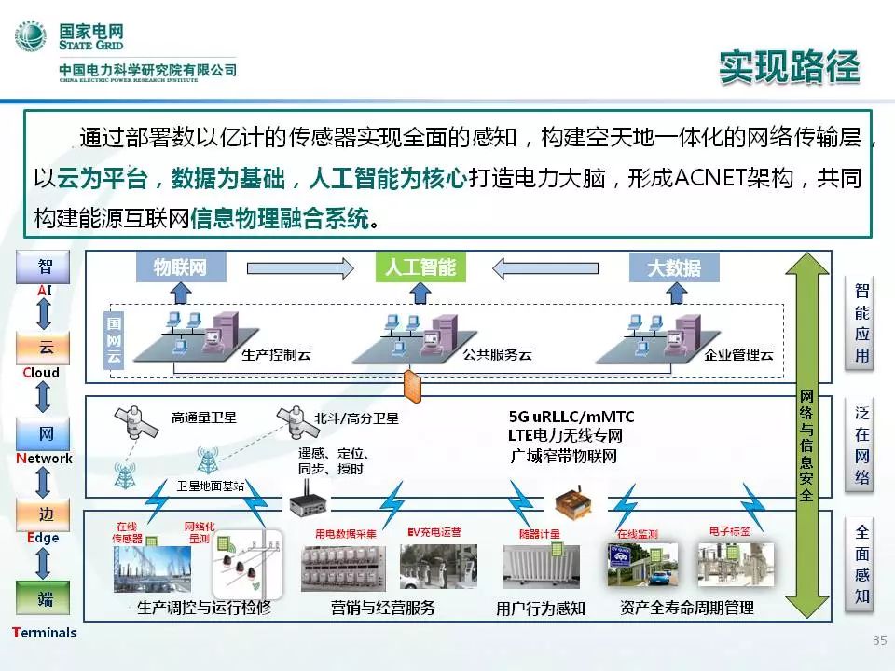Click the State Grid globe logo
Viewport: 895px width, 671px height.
tap(30, 38)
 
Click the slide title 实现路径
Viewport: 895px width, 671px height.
tap(789, 66)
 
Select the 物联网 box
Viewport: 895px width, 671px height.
tap(180, 268)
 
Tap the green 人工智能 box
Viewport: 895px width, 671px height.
tap(420, 267)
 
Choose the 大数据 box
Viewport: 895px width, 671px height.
tap(674, 268)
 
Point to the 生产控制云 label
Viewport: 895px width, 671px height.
tap(275, 355)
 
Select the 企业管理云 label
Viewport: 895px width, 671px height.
tap(739, 355)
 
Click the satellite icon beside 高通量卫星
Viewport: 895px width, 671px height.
tap(138, 423)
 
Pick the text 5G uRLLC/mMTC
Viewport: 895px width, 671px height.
tap(571, 417)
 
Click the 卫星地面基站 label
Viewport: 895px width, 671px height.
tap(210, 486)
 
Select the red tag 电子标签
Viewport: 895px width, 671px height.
tap(728, 531)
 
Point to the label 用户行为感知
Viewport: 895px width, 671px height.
tap(541, 609)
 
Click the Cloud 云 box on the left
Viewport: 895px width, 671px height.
tap(45, 349)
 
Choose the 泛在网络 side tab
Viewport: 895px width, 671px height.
tap(862, 445)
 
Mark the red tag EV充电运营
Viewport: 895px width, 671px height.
tap(434, 532)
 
